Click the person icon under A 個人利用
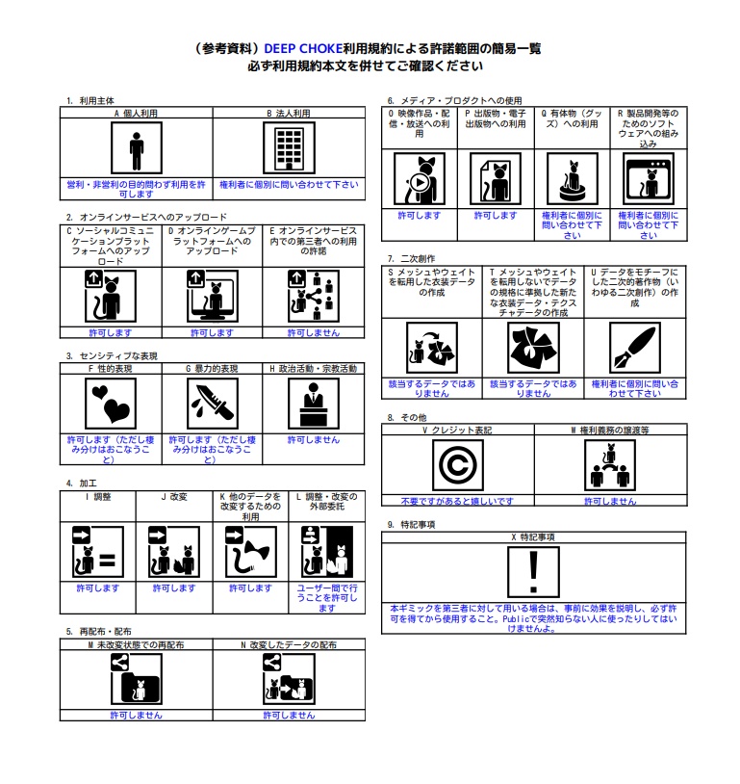(137, 149)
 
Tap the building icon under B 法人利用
(289, 149)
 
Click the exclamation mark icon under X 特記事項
(535, 572)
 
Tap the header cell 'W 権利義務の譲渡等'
(610, 431)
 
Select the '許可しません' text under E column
(314, 332)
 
